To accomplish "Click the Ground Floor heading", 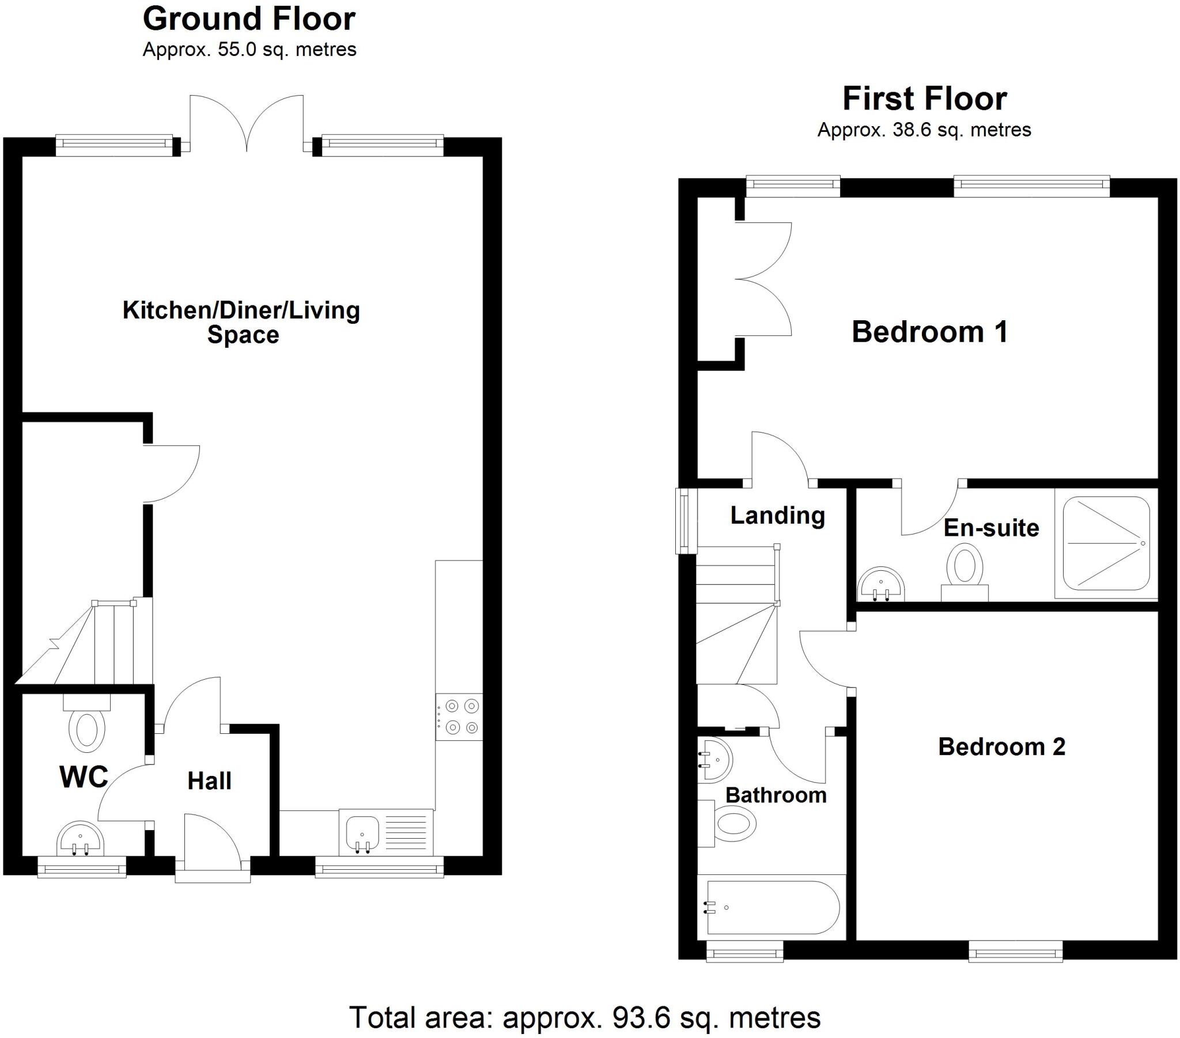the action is [249, 19].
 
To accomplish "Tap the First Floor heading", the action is [924, 99].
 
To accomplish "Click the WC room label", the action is [84, 776].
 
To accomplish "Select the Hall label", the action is [209, 781].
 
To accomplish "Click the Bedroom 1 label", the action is [929, 332].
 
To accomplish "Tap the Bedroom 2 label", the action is [1001, 747].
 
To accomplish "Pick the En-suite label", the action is [991, 528].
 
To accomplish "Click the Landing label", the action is [777, 516].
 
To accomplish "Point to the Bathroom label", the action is [776, 795].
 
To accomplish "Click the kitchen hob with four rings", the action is [459, 717].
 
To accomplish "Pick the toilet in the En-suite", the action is [965, 572].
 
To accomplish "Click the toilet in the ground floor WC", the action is [86, 722].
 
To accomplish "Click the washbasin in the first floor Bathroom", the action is [714, 760].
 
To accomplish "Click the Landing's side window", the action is [687, 521].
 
